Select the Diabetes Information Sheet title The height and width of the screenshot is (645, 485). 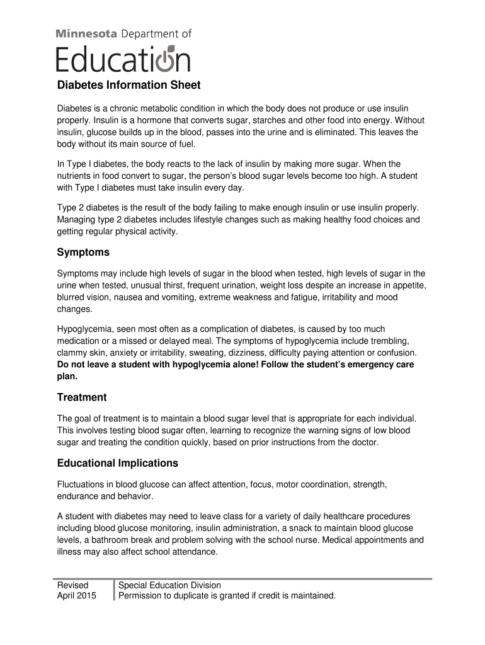coord(128,85)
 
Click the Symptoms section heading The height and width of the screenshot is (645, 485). coord(83,253)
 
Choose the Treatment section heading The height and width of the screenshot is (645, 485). coord(82,397)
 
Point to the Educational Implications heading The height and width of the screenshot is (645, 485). coord(118,464)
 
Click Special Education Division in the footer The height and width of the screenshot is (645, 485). coord(170,585)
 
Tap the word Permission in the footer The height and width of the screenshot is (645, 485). coord(142,596)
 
